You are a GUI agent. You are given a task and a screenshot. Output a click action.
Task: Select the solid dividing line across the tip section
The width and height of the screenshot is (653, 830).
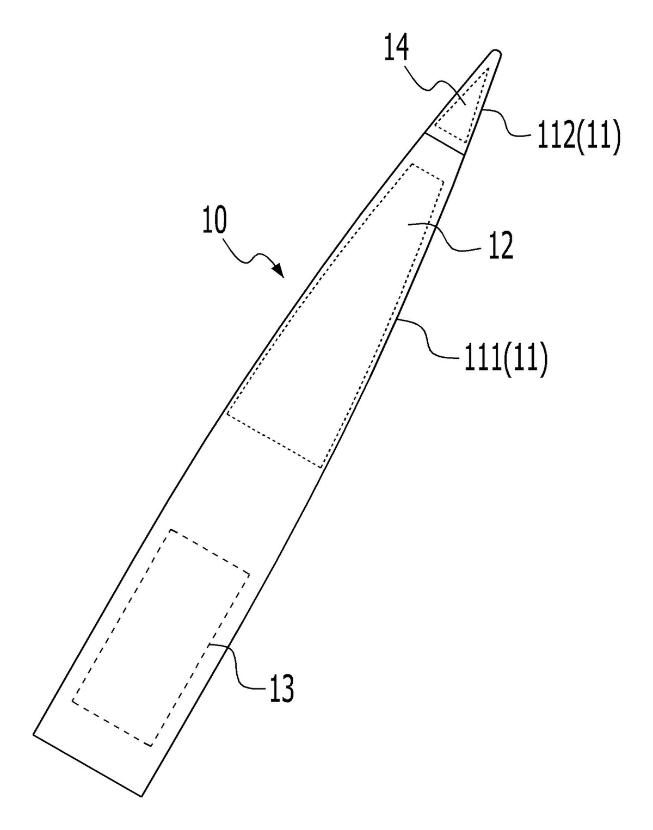tap(444, 144)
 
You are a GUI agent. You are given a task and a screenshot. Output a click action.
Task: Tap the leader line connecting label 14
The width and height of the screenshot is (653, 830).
tap(446, 91)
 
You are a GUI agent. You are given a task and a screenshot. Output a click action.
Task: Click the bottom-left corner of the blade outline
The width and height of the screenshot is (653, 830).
tap(34, 734)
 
